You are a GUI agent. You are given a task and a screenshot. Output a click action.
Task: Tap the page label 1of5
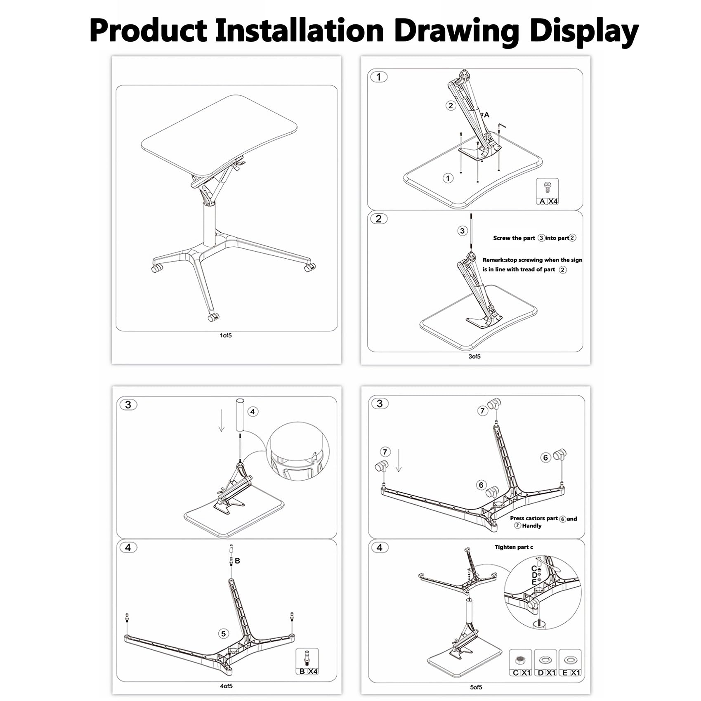pyautogui.click(x=226, y=335)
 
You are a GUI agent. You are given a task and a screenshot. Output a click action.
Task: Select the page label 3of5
pyautogui.click(x=474, y=356)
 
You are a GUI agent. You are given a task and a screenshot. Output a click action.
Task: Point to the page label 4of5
pyautogui.click(x=226, y=686)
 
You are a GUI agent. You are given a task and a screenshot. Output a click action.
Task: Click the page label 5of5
pyautogui.click(x=476, y=687)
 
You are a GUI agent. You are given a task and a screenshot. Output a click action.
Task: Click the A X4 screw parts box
pyautogui.click(x=548, y=191)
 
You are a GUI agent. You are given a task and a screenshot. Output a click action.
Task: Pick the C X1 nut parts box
pyautogui.click(x=521, y=663)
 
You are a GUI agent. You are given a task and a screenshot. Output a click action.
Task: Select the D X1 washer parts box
pyautogui.click(x=545, y=663)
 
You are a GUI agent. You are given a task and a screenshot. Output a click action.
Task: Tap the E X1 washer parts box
pyautogui.click(x=570, y=663)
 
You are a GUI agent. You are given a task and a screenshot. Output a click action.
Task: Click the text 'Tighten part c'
pyautogui.click(x=514, y=547)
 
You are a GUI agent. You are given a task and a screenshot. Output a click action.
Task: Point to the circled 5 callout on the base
pyautogui.click(x=224, y=634)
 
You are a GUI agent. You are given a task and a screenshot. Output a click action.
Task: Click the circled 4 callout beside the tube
pyautogui.click(x=253, y=411)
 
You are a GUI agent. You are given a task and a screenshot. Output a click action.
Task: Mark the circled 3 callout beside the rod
pyautogui.click(x=462, y=231)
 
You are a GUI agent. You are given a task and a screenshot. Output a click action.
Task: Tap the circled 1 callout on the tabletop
pyautogui.click(x=448, y=178)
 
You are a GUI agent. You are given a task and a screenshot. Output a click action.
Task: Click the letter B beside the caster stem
pyautogui.click(x=237, y=561)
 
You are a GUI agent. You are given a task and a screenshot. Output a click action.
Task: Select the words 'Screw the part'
pyautogui.click(x=514, y=238)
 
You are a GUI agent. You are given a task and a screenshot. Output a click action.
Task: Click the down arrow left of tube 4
pyautogui.click(x=222, y=421)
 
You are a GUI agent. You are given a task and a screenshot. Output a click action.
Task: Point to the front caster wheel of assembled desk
pyautogui.click(x=212, y=318)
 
